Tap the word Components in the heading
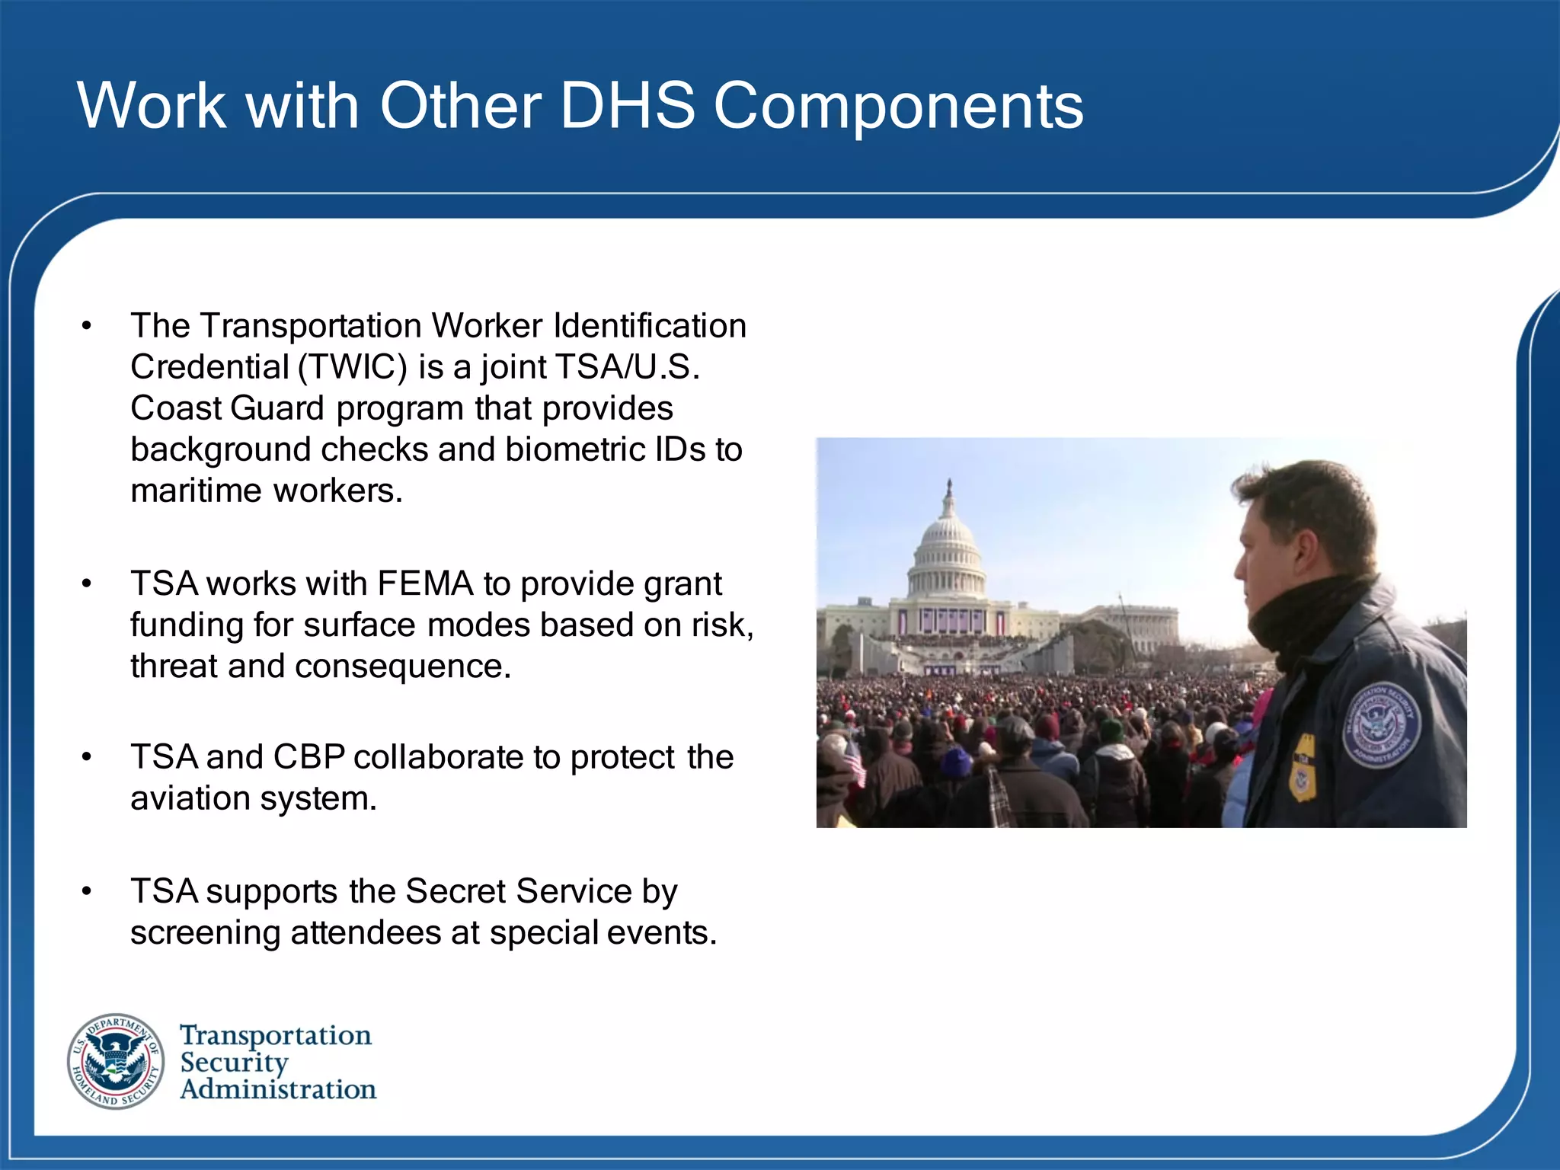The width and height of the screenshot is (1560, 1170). [898, 107]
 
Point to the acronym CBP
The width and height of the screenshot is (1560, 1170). [308, 757]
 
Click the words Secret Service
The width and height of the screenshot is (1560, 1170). [519, 891]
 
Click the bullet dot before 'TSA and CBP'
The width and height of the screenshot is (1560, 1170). [87, 757]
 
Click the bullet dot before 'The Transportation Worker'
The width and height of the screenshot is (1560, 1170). [87, 326]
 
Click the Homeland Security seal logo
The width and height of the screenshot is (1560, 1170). [116, 1061]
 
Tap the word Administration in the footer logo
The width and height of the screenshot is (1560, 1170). [278, 1089]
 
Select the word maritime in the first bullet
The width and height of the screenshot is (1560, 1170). [196, 491]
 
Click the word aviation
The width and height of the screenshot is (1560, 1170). [190, 798]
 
